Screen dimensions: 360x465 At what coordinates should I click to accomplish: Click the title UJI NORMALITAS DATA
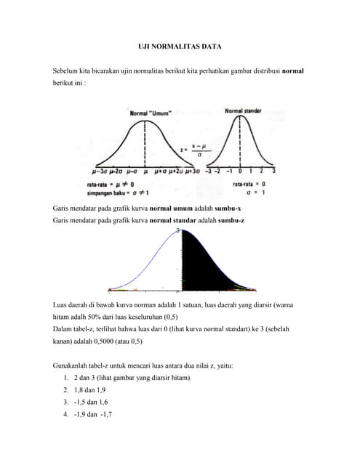tap(180, 47)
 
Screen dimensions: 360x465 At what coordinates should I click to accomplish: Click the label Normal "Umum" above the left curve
tap(150, 113)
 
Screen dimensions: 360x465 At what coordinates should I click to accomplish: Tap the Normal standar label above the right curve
tap(243, 110)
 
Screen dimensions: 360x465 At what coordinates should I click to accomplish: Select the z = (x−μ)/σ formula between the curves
tap(196, 150)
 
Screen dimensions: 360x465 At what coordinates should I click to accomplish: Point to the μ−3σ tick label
tap(101, 172)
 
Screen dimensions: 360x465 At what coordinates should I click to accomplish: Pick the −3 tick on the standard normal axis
tap(208, 171)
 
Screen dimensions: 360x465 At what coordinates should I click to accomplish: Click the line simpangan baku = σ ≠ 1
tap(119, 193)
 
